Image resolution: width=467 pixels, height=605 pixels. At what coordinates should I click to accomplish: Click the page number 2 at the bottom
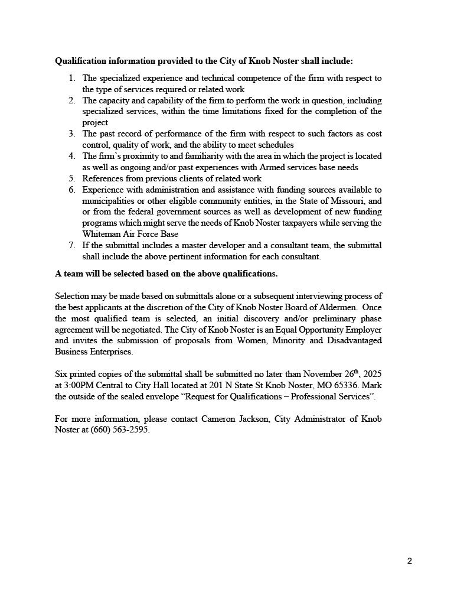[x=410, y=561]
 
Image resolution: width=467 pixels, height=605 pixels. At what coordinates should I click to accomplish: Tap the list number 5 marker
[x=71, y=178]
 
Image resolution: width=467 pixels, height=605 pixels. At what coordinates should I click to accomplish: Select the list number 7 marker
[x=71, y=245]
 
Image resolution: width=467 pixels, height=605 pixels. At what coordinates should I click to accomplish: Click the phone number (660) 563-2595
[x=120, y=430]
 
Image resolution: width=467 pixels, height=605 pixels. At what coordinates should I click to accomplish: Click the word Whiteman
[x=102, y=234]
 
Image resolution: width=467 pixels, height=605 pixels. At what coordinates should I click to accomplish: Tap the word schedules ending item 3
[x=275, y=145]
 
